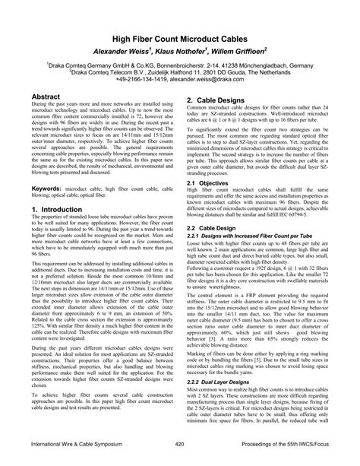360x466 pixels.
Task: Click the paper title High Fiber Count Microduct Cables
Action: (179, 36)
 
